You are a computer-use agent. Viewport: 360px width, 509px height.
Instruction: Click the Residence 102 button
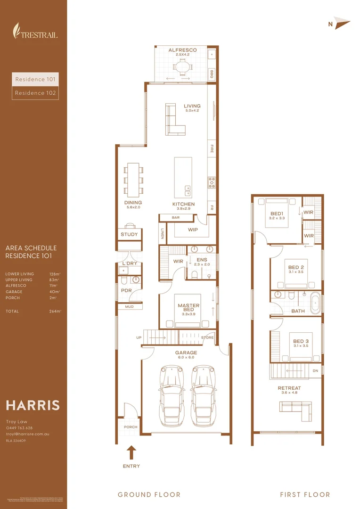click(x=35, y=93)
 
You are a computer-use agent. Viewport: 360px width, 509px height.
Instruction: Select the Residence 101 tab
click(x=35, y=79)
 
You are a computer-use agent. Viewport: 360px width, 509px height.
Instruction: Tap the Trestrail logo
click(x=35, y=31)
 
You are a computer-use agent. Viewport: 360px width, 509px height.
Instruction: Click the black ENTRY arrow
click(x=132, y=452)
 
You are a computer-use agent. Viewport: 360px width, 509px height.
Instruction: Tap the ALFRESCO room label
click(x=182, y=50)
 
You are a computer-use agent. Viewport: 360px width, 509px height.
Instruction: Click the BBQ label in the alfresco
click(x=212, y=74)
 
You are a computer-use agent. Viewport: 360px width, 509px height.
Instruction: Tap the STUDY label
click(x=129, y=234)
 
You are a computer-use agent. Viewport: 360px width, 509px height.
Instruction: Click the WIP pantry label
click(x=193, y=230)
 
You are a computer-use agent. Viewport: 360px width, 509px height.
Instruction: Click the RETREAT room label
click(x=289, y=388)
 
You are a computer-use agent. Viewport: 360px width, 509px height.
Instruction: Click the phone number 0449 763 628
click(x=19, y=428)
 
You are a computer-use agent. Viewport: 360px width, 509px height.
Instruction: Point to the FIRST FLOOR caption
click(x=305, y=494)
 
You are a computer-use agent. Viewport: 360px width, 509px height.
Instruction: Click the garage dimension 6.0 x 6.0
click(x=186, y=358)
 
